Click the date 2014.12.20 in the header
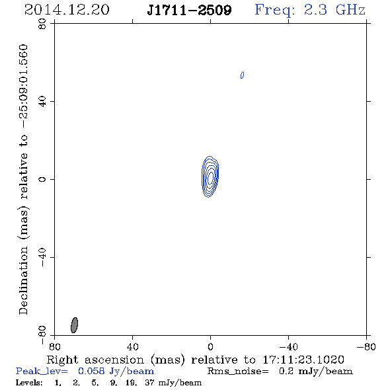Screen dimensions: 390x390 (67, 10)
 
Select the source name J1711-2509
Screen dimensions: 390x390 (189, 11)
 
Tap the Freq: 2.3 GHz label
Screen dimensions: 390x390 (310, 11)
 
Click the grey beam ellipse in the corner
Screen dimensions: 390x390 (74, 325)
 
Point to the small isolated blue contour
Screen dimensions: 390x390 (242, 75)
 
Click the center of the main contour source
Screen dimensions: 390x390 (210, 177)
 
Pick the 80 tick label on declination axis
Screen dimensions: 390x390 (42, 24)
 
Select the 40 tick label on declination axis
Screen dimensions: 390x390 (42, 102)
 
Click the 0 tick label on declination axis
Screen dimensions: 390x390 (42, 179)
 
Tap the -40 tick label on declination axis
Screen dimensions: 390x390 (42, 257)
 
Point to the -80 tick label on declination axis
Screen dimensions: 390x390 (42, 335)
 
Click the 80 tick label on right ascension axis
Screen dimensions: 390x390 (54, 346)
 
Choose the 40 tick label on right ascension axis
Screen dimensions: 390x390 (132, 346)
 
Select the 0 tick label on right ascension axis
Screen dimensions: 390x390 (210, 346)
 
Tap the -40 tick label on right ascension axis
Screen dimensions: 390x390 (288, 346)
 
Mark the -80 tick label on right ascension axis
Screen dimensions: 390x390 (366, 346)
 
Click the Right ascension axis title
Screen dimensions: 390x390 (195, 360)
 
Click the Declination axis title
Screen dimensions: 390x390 (23, 179)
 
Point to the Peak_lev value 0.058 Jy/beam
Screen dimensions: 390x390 (116, 371)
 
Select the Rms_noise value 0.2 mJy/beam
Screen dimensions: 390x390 (315, 371)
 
